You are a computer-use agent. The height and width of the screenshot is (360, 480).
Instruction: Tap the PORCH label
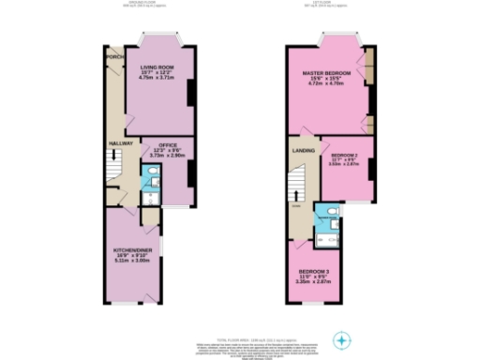point(115,56)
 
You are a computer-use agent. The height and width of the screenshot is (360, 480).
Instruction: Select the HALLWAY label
point(121,142)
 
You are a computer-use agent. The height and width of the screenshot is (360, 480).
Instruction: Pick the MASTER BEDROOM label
point(325,72)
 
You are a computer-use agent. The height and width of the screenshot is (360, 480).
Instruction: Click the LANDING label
point(303,149)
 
